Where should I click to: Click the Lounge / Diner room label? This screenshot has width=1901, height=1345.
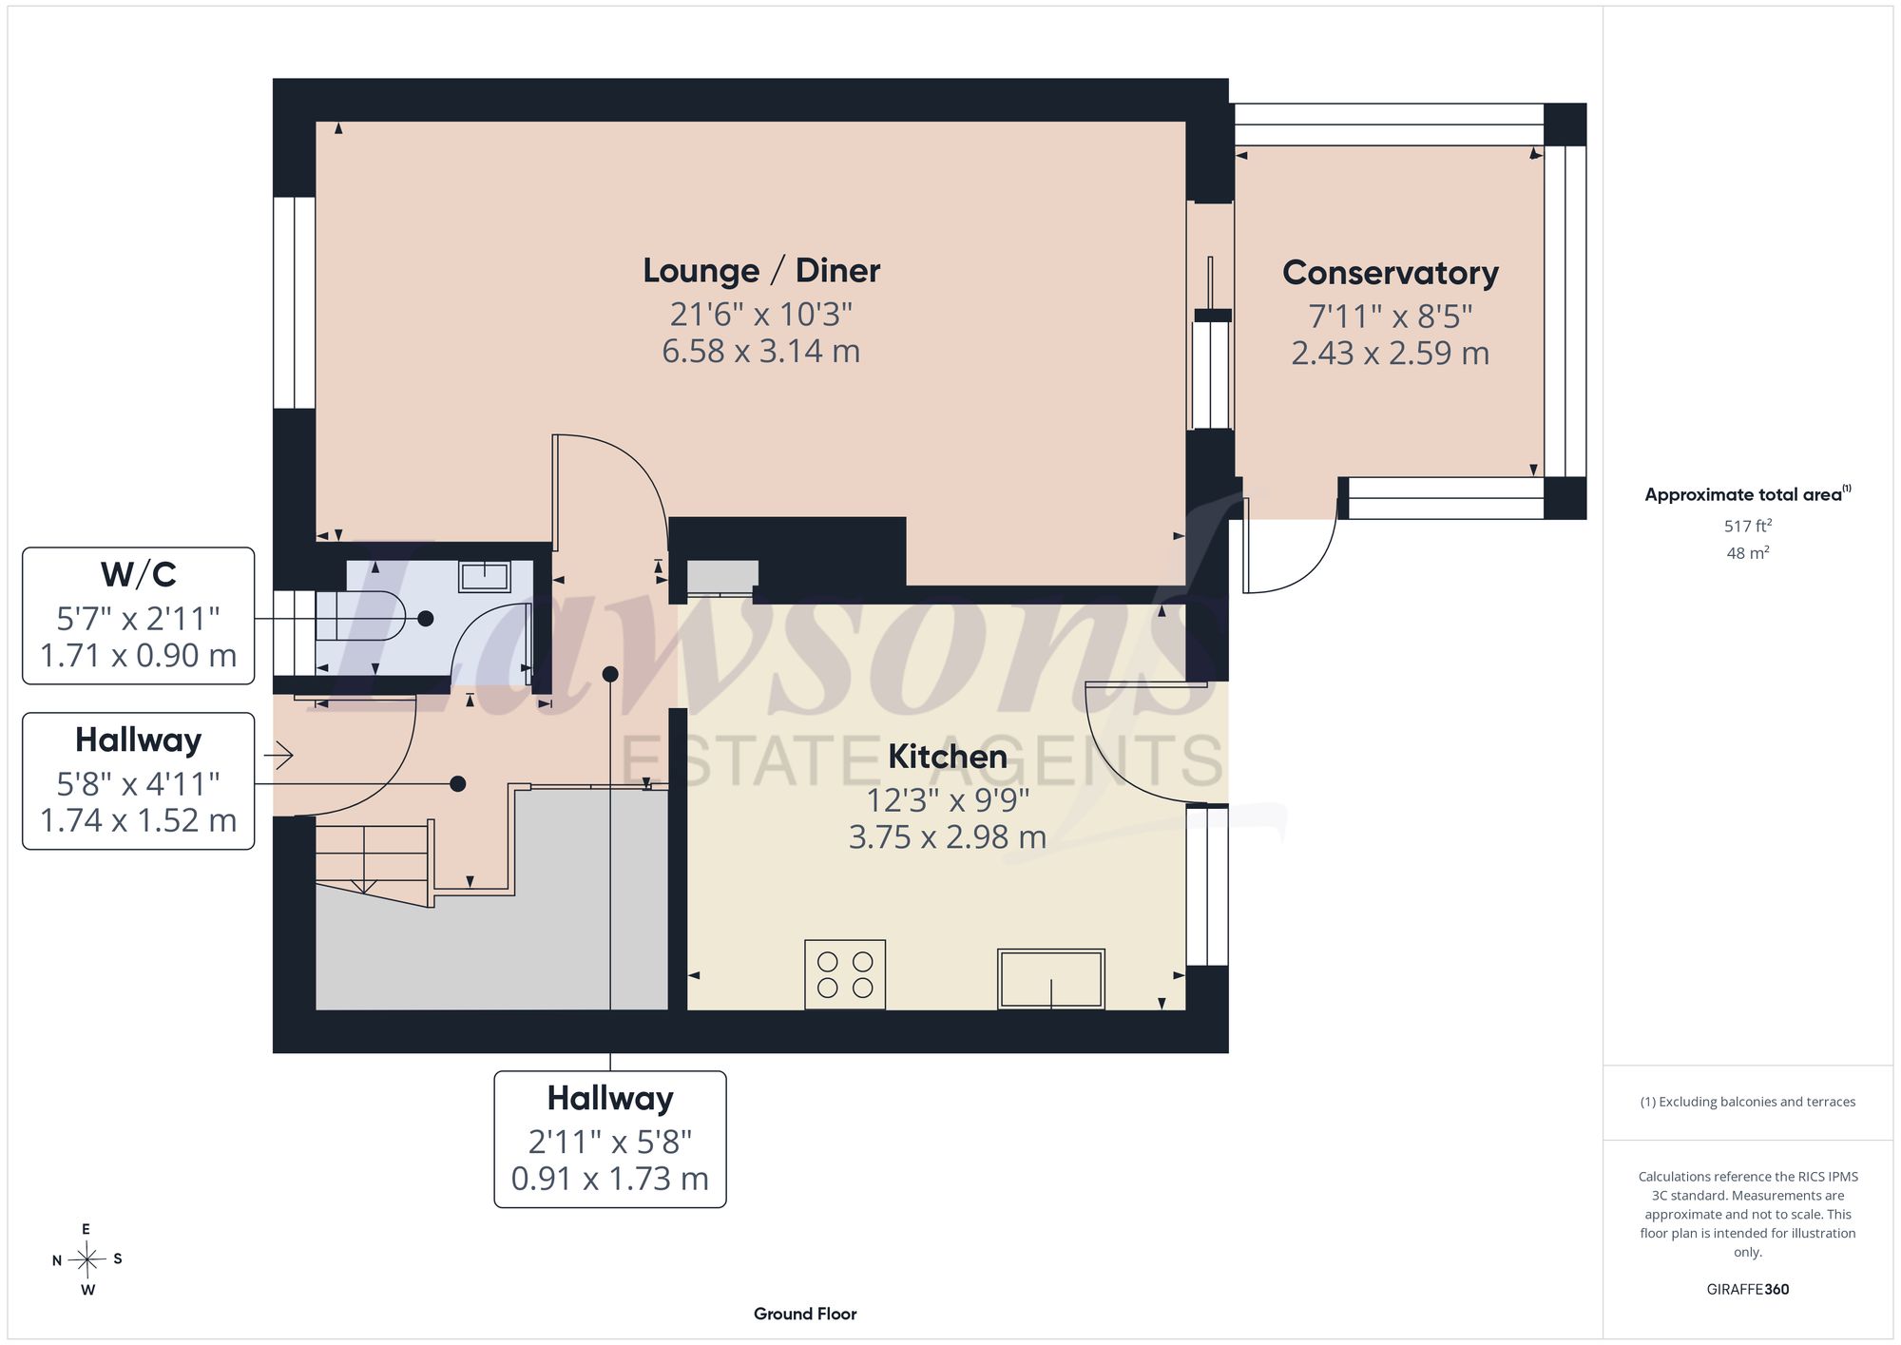point(761,271)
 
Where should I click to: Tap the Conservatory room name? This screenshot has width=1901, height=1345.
point(1390,273)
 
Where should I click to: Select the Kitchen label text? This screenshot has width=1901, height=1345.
point(948,757)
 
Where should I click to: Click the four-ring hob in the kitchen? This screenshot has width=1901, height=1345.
point(845,974)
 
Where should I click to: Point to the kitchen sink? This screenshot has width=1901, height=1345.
point(1051,978)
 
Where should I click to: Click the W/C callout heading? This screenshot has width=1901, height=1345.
point(139,574)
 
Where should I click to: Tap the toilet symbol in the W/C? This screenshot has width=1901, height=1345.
point(361,618)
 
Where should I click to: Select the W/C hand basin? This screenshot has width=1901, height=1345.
point(485,576)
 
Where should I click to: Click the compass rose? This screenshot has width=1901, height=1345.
point(86,1260)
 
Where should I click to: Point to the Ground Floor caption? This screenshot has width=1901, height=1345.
point(805,1314)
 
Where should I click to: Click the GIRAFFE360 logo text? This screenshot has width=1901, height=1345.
point(1748,1290)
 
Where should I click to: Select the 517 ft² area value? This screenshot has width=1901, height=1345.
point(1748,526)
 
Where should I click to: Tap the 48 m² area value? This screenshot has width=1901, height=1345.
point(1748,552)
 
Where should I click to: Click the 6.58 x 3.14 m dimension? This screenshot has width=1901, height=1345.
point(761,352)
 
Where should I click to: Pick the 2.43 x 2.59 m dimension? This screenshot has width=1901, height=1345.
point(1390,354)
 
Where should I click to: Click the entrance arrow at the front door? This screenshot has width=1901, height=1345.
point(278,756)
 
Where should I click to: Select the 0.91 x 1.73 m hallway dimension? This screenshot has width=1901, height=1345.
point(610,1179)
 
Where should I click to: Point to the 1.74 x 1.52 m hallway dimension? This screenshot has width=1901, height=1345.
point(139,820)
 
